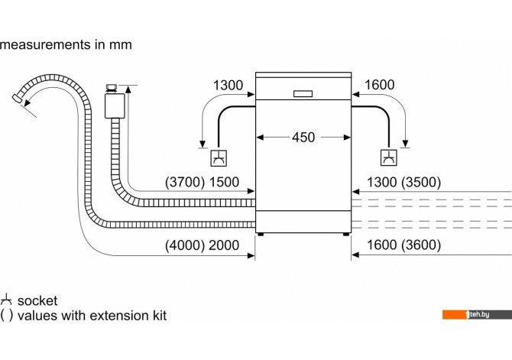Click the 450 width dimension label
point(303,138)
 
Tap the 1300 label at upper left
point(228,86)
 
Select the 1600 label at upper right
point(380,85)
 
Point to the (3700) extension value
point(185,182)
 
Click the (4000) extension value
point(185,245)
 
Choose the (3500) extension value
point(421,182)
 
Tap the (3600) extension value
point(421,245)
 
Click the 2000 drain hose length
point(224,245)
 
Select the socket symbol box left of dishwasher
point(219,158)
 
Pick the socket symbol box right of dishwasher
point(389,157)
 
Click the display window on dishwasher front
point(303,94)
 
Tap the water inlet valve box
point(115,105)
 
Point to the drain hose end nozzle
point(18,98)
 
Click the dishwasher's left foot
point(261,234)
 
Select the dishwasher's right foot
point(346,234)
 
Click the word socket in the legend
point(37,301)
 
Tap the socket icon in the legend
point(6,300)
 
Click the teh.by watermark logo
point(477,315)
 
